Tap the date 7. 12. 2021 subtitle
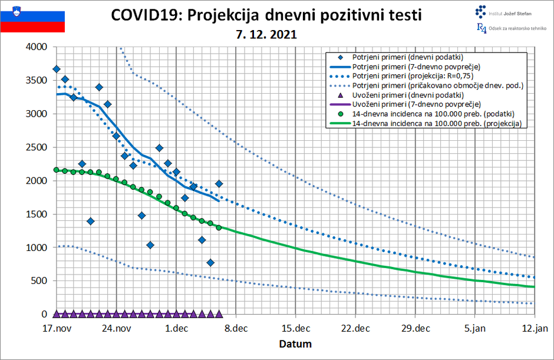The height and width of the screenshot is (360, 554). pos(265,35)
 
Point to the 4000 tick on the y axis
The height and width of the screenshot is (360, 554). pos(37,47)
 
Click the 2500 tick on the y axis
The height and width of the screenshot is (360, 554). pos(37,147)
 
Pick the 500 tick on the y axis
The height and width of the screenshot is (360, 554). pos(39,281)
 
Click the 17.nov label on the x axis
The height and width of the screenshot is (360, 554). pos(57,328)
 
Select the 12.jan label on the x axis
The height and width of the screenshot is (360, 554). pos(534,328)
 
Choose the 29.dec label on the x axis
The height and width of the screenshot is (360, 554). pos(414,328)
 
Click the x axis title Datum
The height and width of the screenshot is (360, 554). pos(295,344)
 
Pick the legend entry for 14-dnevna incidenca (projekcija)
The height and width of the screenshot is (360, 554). pos(439,123)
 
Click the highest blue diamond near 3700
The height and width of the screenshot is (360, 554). pos(57,69)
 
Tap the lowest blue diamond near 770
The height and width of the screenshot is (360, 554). pos(210,263)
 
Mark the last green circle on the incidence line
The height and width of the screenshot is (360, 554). pos(219,227)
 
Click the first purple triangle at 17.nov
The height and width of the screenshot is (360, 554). pos(57,314)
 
